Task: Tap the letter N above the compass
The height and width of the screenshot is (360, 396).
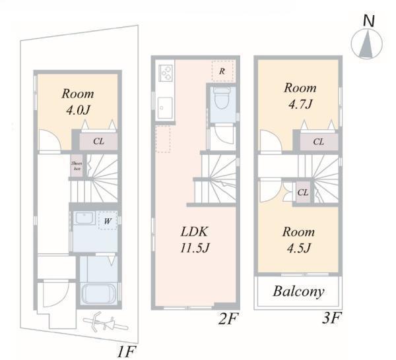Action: (369, 20)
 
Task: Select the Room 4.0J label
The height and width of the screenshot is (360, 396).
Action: (78, 102)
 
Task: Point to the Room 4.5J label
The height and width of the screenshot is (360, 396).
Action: (298, 239)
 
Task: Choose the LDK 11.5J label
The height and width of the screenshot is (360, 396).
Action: (195, 239)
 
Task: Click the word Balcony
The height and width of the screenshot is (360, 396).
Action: (299, 291)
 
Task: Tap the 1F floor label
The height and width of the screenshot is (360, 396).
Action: (127, 350)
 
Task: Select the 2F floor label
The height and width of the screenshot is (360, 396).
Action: (228, 320)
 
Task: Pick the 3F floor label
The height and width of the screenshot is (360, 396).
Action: (331, 320)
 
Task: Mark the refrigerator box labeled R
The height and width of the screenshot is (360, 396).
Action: (222, 71)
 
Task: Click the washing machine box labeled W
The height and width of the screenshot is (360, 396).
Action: (107, 221)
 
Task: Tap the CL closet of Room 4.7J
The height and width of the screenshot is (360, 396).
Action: (318, 141)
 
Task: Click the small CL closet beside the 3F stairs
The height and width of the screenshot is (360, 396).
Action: (303, 193)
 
